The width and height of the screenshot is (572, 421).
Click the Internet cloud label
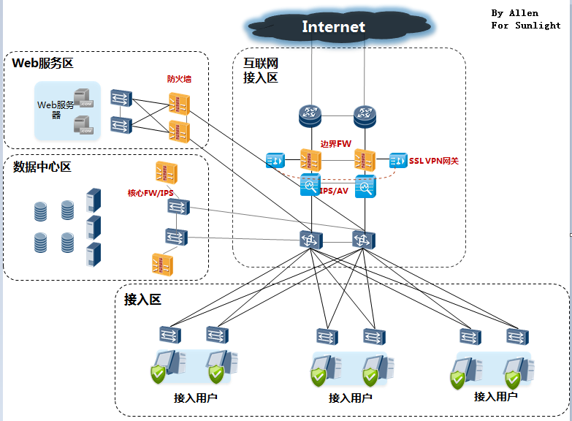pos(333,27)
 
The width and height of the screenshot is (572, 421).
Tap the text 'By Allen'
pos(514,13)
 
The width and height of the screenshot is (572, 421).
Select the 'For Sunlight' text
pos(526,26)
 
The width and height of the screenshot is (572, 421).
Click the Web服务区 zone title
pos(43,64)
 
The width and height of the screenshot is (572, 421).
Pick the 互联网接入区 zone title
pos(261,71)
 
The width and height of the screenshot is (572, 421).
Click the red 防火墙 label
pos(179,79)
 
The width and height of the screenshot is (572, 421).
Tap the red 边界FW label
pos(336,144)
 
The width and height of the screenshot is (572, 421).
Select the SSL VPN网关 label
pos(434,161)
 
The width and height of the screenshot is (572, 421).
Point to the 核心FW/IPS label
pos(151,193)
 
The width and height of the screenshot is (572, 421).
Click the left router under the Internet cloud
pos(310,114)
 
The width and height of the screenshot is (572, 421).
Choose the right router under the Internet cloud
pos(365,114)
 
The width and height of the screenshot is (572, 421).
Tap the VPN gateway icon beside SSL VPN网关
pos(398,160)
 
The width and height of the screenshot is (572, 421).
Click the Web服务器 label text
pos(56,109)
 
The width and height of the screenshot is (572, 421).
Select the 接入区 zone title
pos(142,299)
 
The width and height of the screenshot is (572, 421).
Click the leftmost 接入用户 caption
pos(196,398)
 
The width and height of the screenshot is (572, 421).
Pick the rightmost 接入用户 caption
pos(496,396)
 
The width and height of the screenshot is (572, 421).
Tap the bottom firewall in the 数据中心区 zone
pos(162,264)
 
